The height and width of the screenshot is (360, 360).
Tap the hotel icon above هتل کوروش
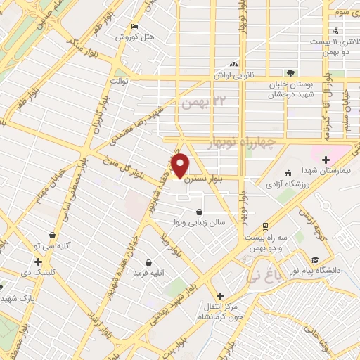click(134, 27)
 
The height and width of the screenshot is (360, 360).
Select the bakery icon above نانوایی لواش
click(233, 63)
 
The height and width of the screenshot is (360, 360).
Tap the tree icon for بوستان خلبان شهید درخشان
click(289, 73)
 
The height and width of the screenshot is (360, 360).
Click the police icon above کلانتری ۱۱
click(335, 30)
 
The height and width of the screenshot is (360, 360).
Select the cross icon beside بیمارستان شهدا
click(325, 160)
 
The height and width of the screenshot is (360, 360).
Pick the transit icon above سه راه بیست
click(264, 226)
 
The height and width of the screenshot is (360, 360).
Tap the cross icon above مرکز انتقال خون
click(220, 297)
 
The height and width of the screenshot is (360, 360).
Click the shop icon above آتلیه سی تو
click(52, 236)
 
